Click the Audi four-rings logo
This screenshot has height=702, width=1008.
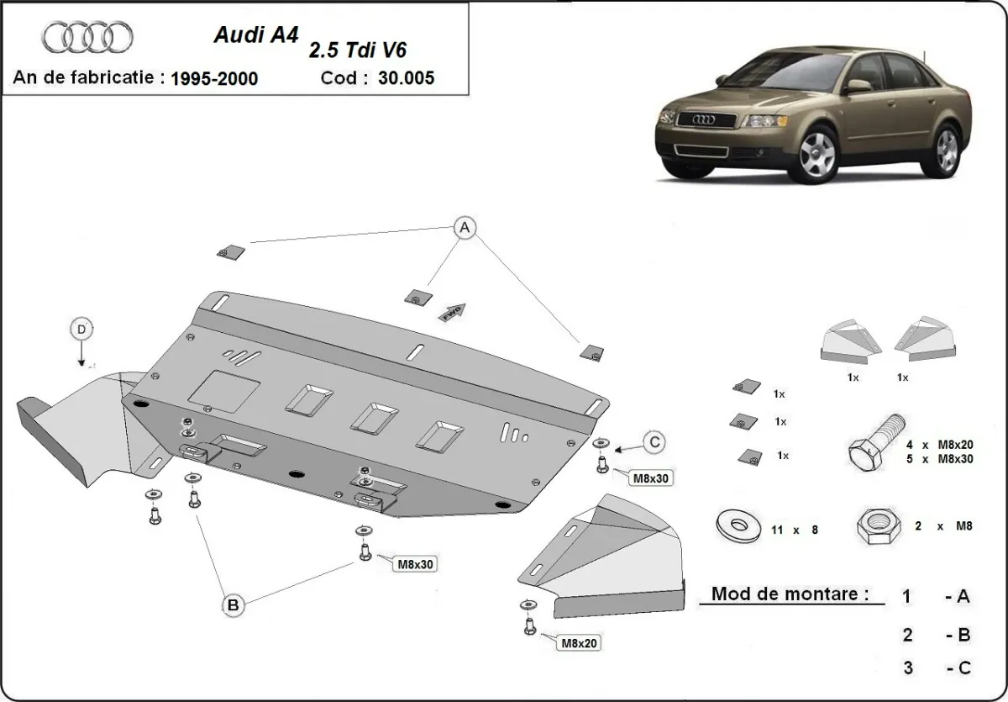[87, 37]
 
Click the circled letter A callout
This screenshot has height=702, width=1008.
[464, 227]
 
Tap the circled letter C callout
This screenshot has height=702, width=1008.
[655, 441]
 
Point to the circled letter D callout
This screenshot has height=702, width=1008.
[81, 330]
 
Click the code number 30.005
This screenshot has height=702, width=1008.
[407, 78]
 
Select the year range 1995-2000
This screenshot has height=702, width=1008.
[213, 79]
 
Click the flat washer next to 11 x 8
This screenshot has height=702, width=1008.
[736, 526]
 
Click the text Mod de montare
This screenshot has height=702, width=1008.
[790, 594]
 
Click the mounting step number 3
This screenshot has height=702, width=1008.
[906, 668]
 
